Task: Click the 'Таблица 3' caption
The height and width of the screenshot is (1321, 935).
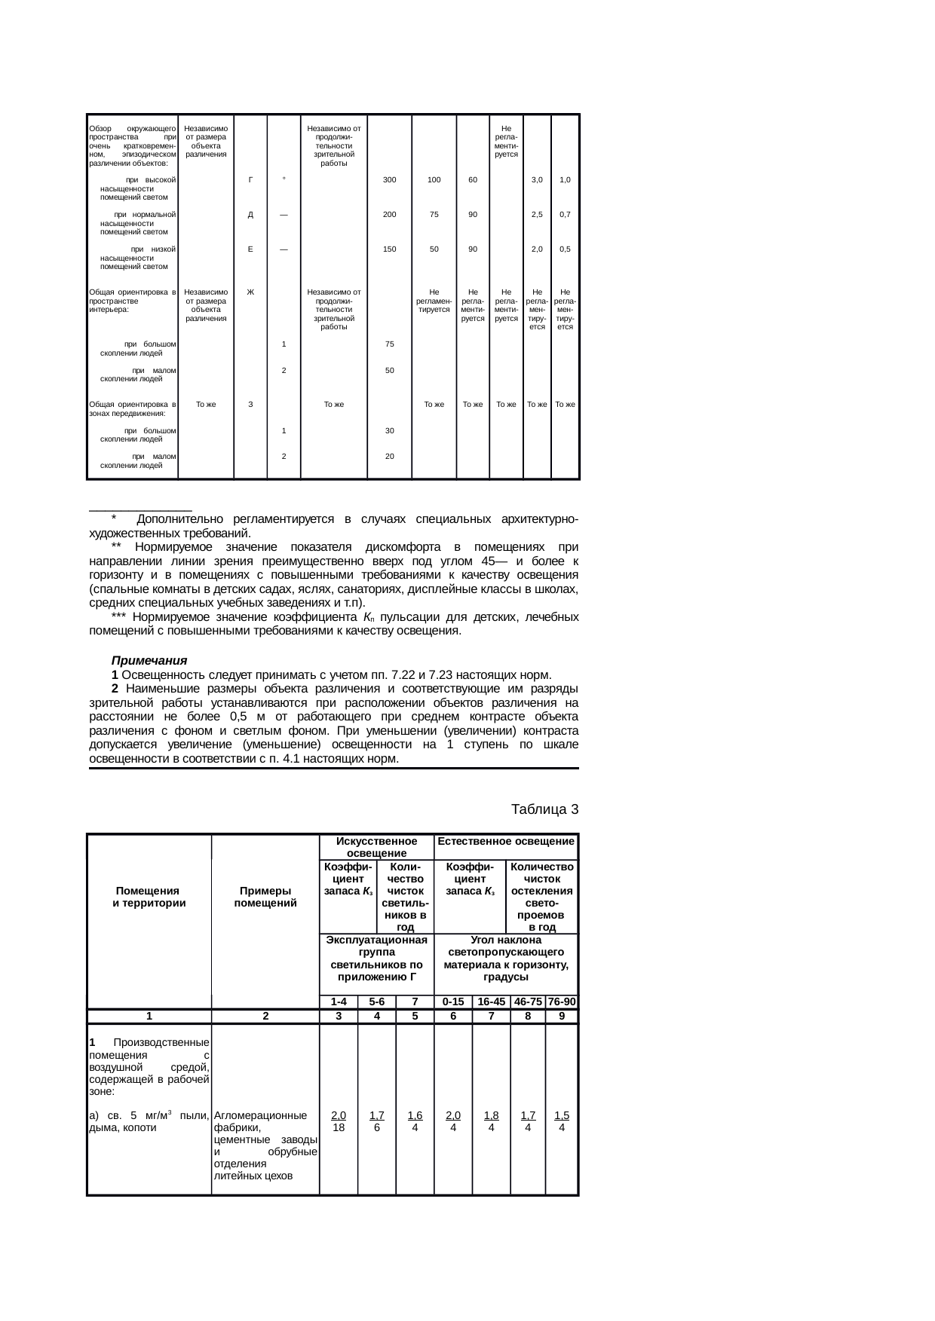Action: [544, 809]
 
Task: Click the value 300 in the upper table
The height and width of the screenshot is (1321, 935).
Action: [389, 180]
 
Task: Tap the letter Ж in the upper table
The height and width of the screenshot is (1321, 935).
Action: [250, 292]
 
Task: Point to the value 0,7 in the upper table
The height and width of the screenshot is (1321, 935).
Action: [565, 215]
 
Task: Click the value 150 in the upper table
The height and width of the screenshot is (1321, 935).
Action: [389, 249]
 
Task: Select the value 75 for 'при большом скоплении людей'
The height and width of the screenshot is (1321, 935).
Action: [389, 344]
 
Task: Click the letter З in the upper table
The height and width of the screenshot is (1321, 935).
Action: [250, 405]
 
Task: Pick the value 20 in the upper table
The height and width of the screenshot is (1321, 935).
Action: [389, 456]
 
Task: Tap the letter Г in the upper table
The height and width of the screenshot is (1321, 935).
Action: [250, 180]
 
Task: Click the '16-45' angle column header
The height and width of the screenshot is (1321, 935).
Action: [491, 1002]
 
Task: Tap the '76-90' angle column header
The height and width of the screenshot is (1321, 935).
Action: [562, 1002]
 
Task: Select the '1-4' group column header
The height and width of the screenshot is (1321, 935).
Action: [339, 1002]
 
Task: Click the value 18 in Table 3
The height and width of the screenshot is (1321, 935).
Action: [339, 1128]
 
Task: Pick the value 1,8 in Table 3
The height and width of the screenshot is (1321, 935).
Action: [491, 1115]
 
